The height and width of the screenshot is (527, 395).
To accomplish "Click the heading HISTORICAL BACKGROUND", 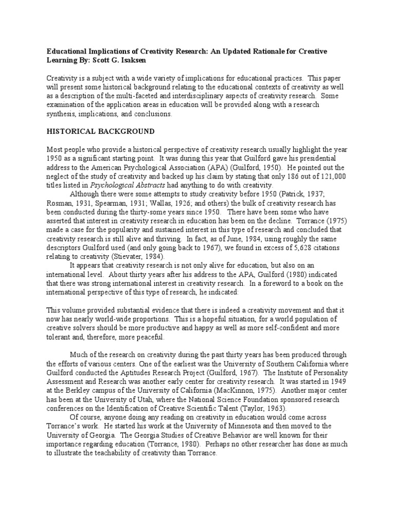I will pos(100,131).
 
